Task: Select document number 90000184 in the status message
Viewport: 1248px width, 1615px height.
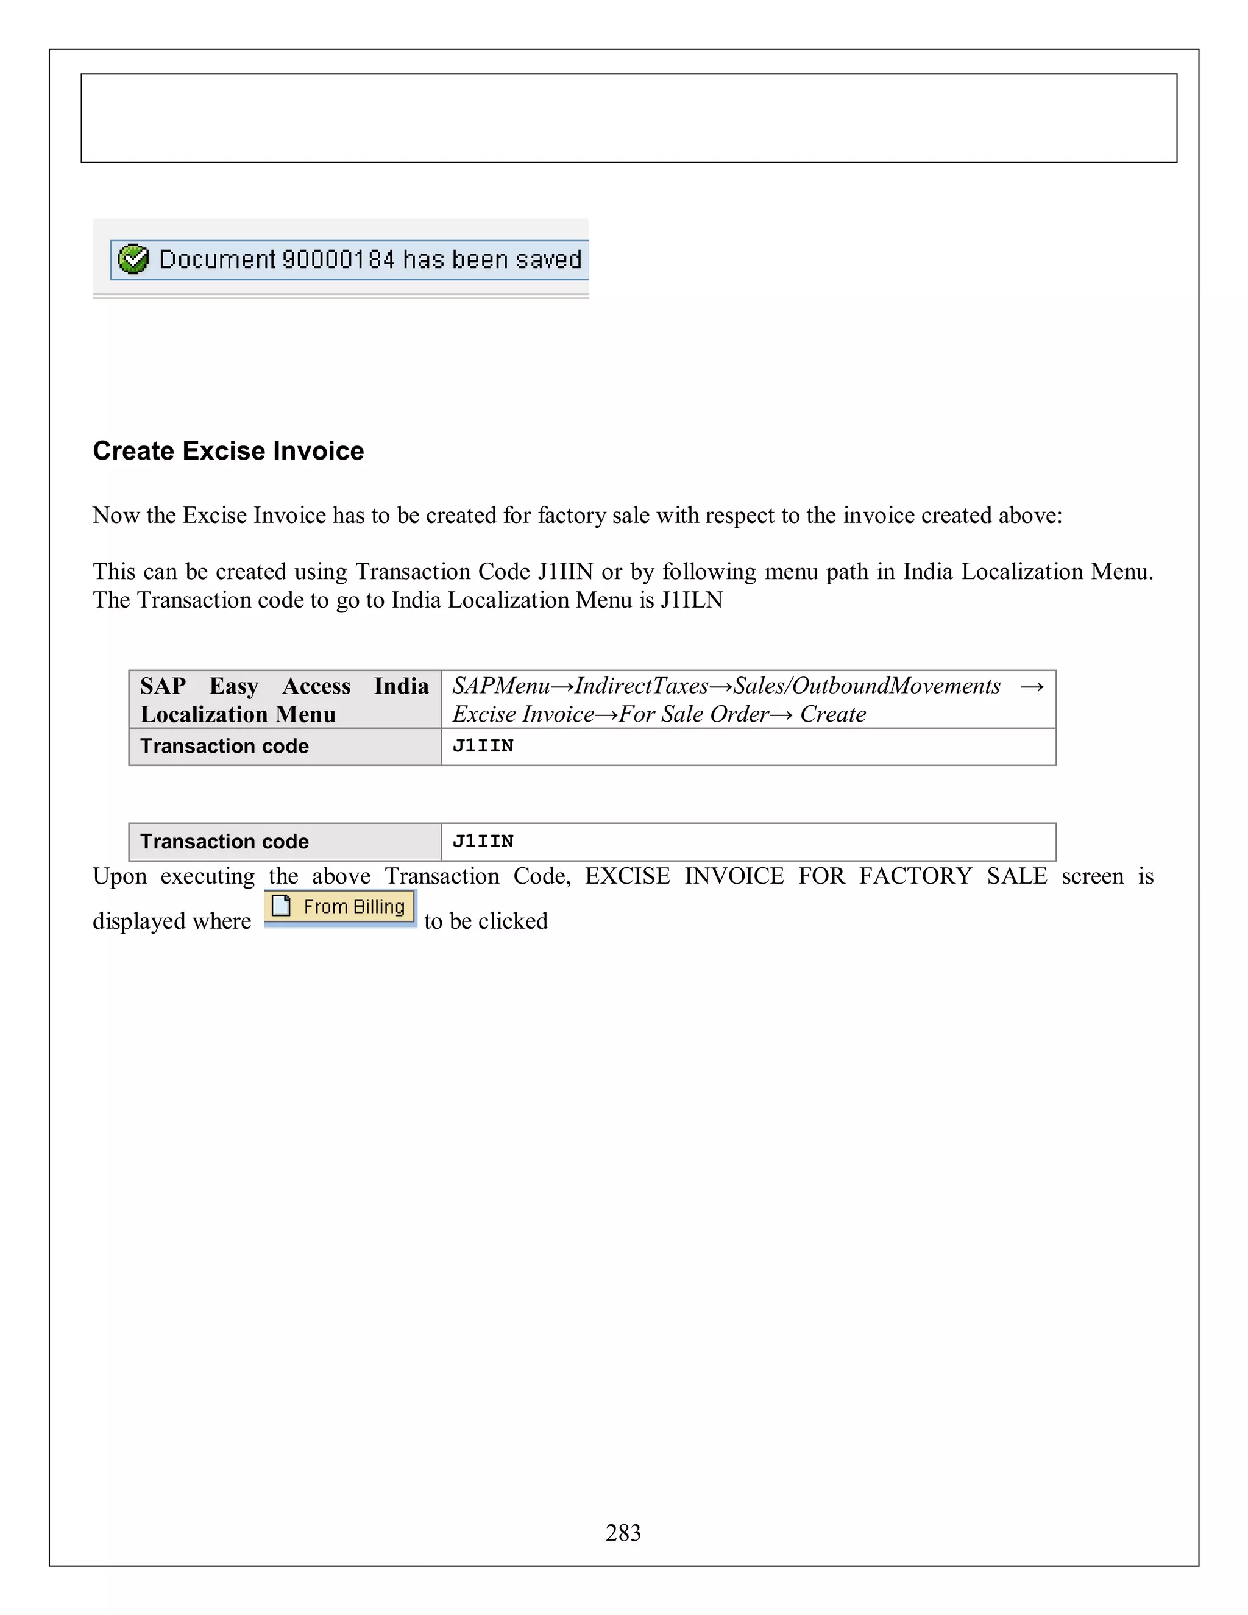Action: click(x=339, y=260)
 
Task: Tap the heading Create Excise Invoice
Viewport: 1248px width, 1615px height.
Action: click(x=229, y=451)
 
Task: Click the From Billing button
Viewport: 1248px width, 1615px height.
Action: click(x=340, y=907)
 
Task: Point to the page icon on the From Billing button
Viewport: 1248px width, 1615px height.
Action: click(x=281, y=906)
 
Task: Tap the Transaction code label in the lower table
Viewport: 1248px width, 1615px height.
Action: click(x=225, y=842)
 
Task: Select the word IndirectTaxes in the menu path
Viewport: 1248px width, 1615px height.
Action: click(x=642, y=686)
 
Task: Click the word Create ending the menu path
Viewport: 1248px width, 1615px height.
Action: click(x=832, y=714)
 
